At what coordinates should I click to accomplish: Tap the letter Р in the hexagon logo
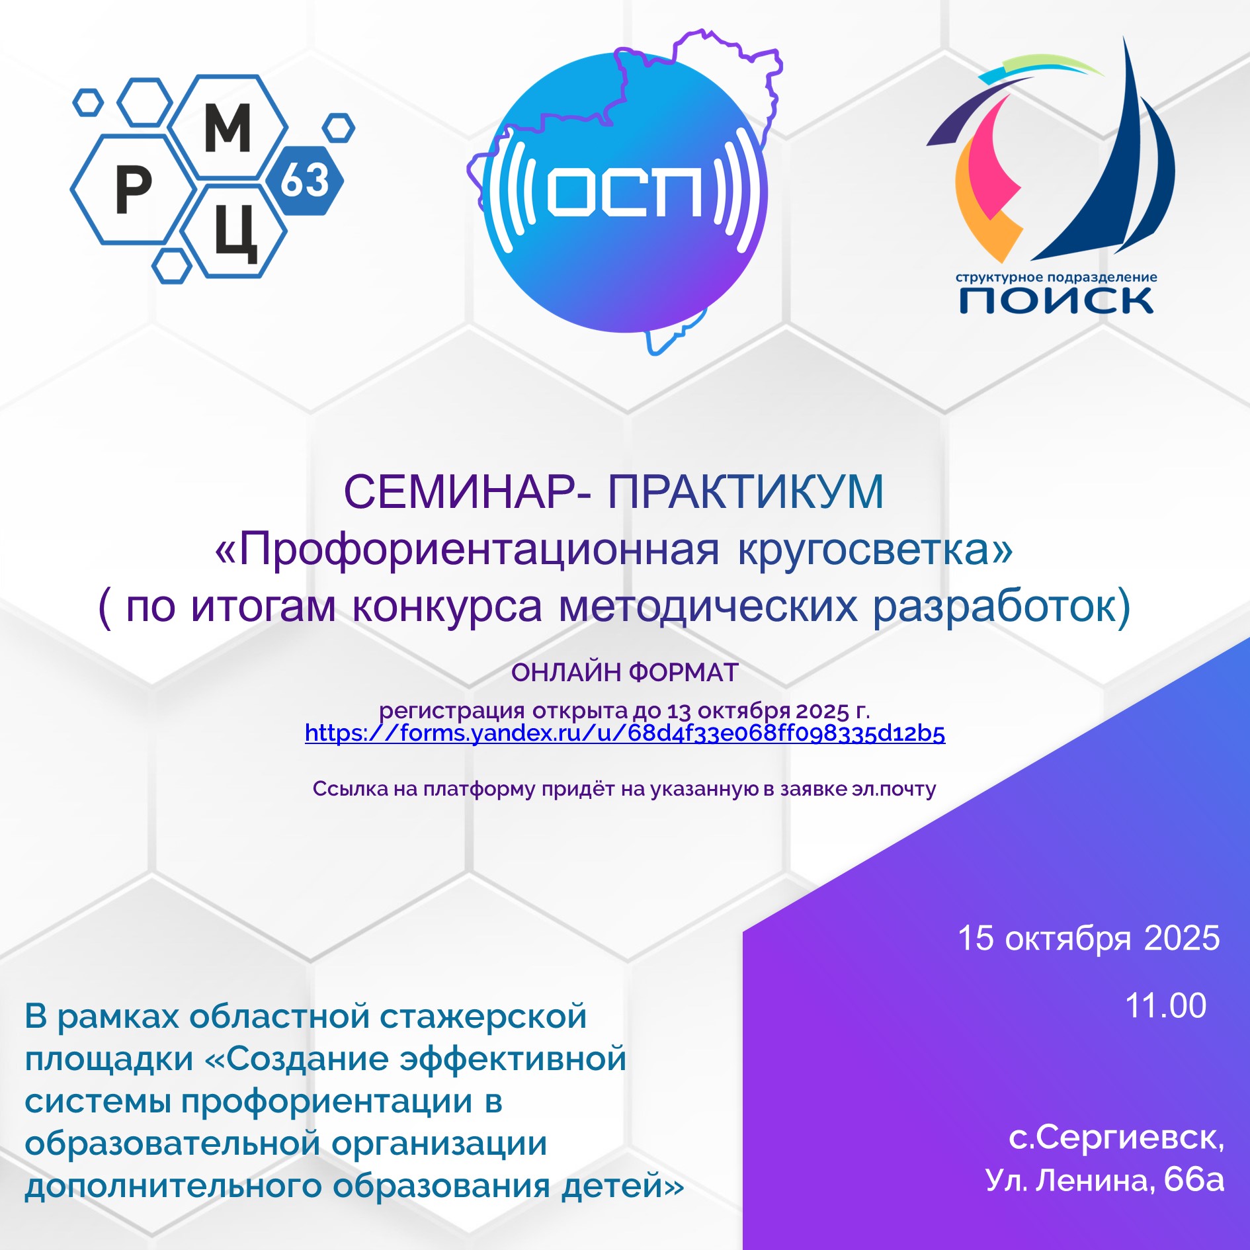(x=134, y=189)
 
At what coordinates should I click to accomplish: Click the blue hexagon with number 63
(x=305, y=181)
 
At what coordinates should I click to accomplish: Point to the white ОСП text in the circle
(x=625, y=191)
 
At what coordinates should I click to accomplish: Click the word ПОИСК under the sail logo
(x=1056, y=300)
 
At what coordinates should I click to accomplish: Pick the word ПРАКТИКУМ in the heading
(x=746, y=492)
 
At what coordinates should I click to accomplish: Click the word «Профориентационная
(x=468, y=550)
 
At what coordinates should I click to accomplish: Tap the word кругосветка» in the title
(x=876, y=550)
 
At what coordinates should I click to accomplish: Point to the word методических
(x=708, y=606)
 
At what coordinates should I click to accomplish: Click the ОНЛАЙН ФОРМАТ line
(x=625, y=673)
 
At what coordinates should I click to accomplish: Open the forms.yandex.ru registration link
(x=625, y=733)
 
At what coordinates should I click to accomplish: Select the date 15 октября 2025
(x=1089, y=938)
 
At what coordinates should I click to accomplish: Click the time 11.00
(x=1166, y=1006)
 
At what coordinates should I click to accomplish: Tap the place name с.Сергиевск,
(x=1116, y=1138)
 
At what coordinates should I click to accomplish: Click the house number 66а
(x=1194, y=1180)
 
